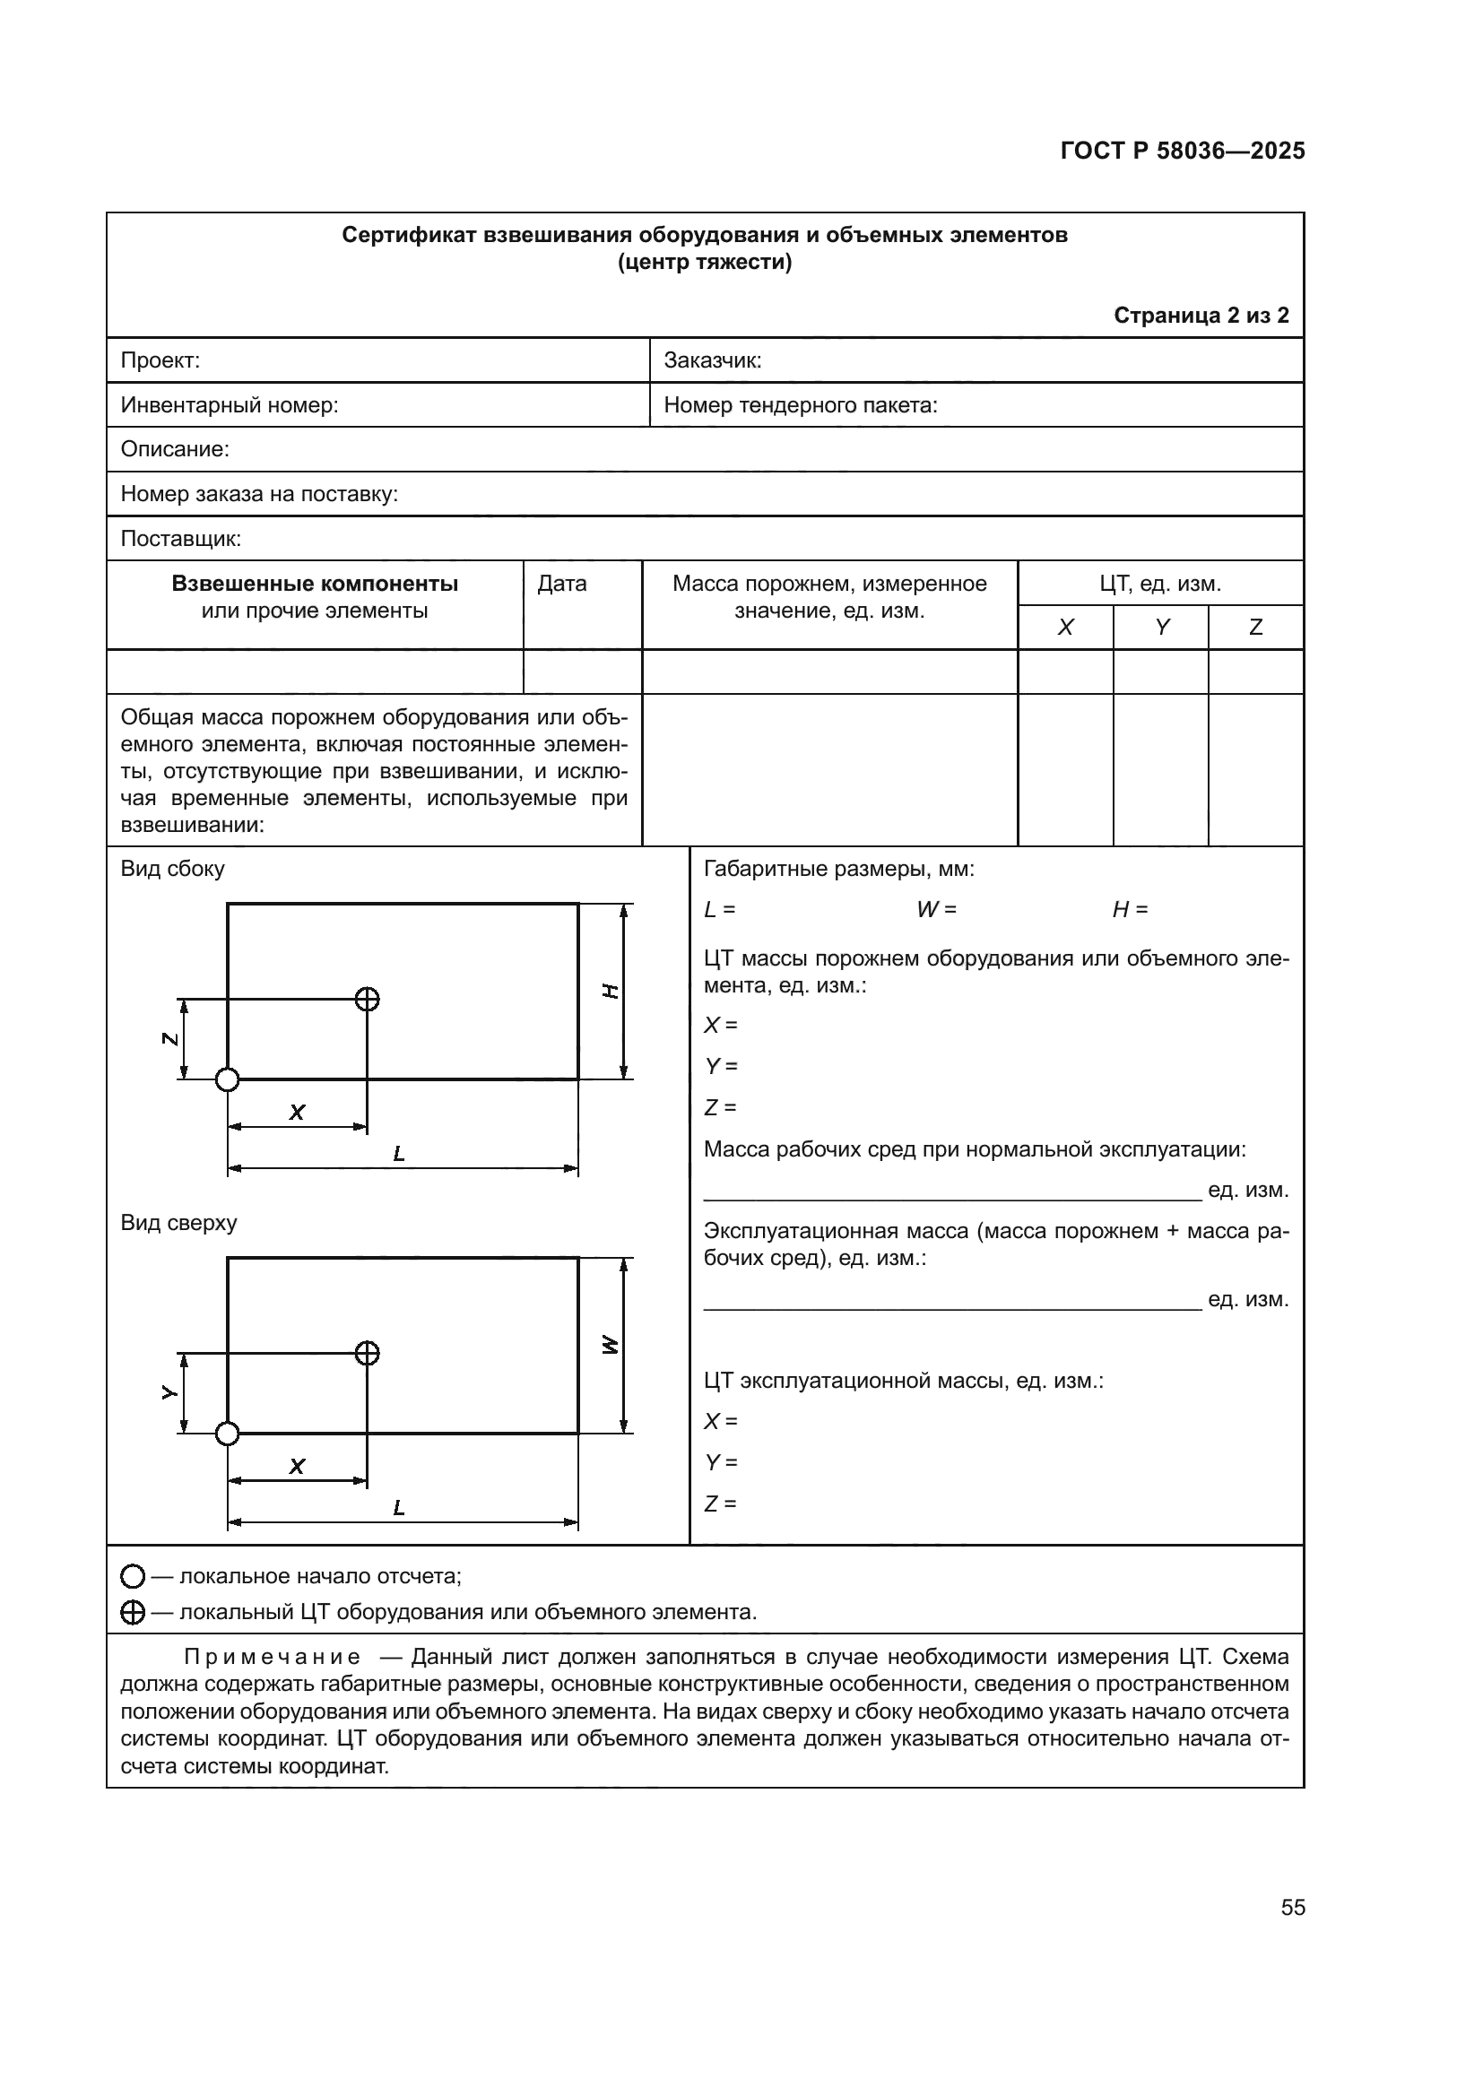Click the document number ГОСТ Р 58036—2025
click(1182, 151)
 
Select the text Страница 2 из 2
click(1201, 315)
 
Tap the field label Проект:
click(160, 360)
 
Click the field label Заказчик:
click(712, 360)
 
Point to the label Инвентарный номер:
click(230, 404)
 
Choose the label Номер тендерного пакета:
click(800, 404)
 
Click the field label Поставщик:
click(181, 539)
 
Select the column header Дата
click(561, 584)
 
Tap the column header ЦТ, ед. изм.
click(1159, 584)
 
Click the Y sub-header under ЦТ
click(1160, 628)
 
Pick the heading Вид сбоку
click(172, 869)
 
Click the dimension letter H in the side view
click(611, 991)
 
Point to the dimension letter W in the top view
click(611, 1346)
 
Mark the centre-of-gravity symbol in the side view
click(367, 999)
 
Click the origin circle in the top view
click(228, 1434)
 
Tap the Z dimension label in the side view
click(169, 1038)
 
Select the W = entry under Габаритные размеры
click(936, 910)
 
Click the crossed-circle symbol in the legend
click(133, 1613)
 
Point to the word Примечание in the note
click(273, 1657)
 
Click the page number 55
click(1292, 1908)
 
